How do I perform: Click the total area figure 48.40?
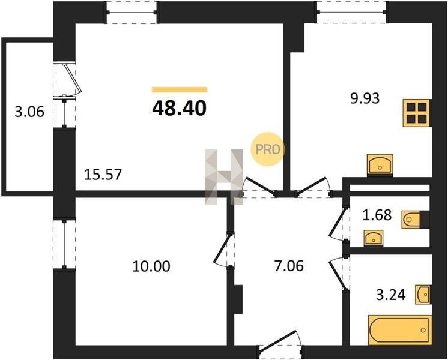point(179,109)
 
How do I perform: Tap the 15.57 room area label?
point(103,175)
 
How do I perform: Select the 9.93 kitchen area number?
point(365,98)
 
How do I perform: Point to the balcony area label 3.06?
point(29,112)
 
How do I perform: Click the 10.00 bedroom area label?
point(151,266)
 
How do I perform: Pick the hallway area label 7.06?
point(289,266)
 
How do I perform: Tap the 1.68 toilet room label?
point(377,215)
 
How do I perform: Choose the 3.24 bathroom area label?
point(390,295)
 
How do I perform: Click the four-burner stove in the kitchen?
point(417,113)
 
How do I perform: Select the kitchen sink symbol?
point(380,164)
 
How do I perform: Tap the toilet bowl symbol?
point(411,220)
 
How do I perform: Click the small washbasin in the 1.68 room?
point(373,238)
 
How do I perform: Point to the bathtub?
point(400,330)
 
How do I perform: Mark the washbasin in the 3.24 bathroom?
point(422,294)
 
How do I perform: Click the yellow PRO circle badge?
point(268,149)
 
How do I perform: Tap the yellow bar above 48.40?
point(180,89)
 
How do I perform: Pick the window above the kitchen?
point(352,12)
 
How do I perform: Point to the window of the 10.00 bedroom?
point(65,244)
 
